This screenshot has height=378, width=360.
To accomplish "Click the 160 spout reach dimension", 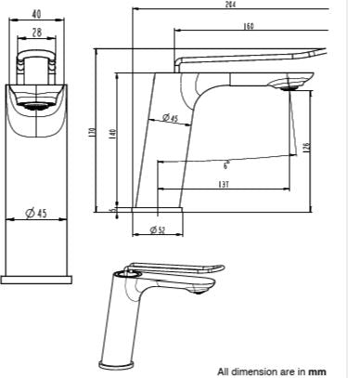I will pyautogui.click(x=249, y=26).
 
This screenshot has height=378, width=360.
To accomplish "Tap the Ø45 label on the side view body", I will pyautogui.click(x=171, y=118).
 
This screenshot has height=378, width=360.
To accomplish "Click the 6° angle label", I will pyautogui.click(x=225, y=164).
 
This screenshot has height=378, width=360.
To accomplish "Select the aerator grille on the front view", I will pyautogui.click(x=38, y=104).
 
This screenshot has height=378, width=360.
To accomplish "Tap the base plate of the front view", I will pyautogui.click(x=37, y=278).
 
